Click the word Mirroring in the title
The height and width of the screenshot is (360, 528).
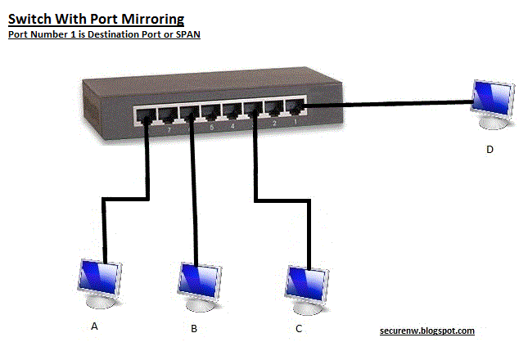coord(152,19)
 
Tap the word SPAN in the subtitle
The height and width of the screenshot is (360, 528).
coord(188,34)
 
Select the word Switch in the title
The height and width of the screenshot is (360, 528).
coord(29,19)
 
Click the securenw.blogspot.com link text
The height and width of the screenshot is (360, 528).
coord(427,331)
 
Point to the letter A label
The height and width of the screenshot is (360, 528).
coord(94,326)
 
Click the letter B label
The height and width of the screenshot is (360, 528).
coord(194,328)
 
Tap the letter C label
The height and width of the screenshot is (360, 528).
coord(299,328)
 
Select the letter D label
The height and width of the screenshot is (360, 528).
coord(490,150)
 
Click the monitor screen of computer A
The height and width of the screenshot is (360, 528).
coord(99,277)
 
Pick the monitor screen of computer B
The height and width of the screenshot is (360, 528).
coord(200,281)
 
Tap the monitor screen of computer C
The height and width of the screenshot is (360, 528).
coord(306,284)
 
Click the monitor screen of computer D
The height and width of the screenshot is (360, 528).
coord(494,98)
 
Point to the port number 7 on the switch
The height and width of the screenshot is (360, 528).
coord(169,130)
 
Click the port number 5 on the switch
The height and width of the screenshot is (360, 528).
coord(211,127)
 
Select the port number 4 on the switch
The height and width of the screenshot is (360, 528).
coord(232,126)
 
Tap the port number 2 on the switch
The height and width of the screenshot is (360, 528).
coord(274,124)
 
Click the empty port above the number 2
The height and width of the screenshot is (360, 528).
coord(274,109)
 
